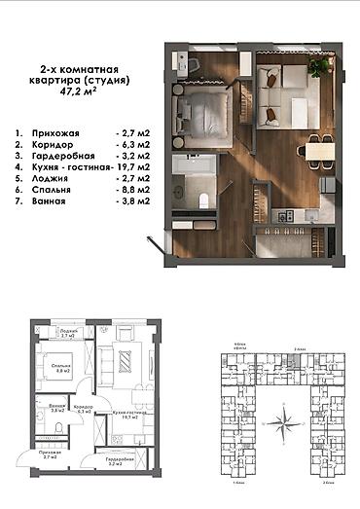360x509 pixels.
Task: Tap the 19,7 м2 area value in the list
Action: (133, 165)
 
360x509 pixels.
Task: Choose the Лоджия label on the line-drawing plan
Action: (69, 331)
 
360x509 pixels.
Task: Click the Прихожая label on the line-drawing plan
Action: (48, 454)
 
